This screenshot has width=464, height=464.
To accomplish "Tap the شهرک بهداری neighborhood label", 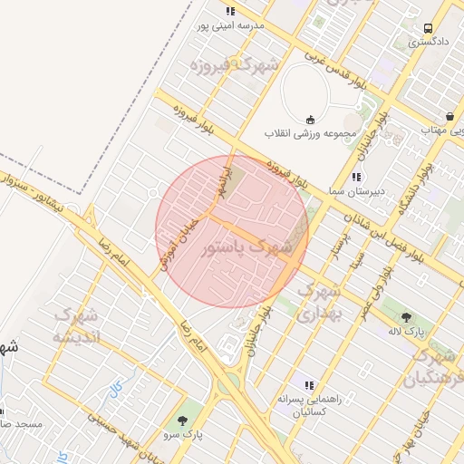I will [319, 303].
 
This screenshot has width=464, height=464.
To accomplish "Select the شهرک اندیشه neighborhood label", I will [82, 326].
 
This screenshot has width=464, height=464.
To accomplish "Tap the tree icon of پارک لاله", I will [406, 317].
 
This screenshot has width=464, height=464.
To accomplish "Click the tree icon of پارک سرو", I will [184, 420].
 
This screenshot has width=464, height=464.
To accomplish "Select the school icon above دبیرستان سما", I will [357, 177].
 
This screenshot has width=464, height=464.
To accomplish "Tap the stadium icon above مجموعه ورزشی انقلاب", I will [311, 119].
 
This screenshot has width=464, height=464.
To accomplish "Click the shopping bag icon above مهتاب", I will [449, 116].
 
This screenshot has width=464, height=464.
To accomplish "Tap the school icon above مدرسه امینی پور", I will [231, 12].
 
